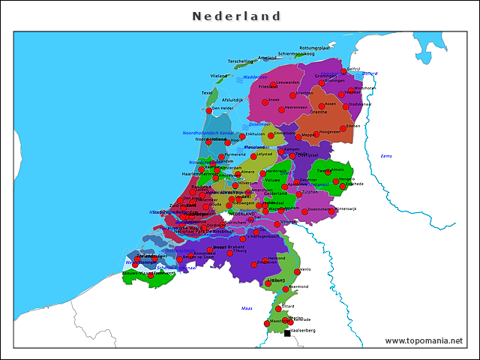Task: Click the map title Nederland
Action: point(236,16)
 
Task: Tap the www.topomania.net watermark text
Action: point(424,340)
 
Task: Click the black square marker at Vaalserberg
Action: point(287,333)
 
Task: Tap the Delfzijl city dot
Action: point(344,71)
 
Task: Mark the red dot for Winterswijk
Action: point(331,211)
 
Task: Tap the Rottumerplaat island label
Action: point(314,47)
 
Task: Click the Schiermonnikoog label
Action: point(296,54)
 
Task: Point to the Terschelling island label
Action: point(241,61)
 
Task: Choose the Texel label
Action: point(208,93)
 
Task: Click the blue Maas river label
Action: point(247,308)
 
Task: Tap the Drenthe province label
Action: point(319,112)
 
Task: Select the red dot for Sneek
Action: point(265,100)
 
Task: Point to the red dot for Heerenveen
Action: point(283,109)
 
